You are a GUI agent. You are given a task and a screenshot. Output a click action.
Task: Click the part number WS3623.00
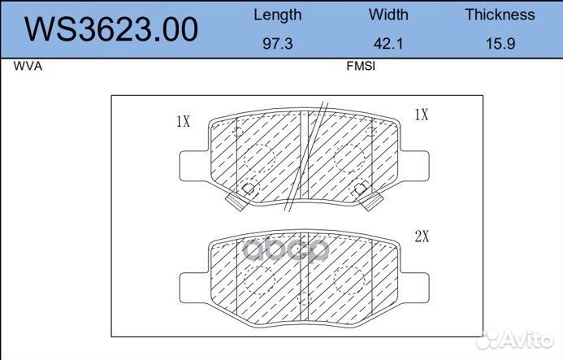point(111,29)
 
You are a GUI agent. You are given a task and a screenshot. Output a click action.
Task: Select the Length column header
point(278,15)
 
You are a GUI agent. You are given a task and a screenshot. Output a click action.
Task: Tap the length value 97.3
point(278,44)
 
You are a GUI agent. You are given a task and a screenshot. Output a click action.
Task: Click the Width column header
point(388,15)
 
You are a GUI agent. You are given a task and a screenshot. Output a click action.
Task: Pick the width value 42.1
point(388,44)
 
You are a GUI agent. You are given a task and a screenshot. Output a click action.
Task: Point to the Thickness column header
point(500,15)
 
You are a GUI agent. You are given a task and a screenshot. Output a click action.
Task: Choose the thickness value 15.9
point(500,44)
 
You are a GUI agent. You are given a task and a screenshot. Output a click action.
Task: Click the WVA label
point(28,66)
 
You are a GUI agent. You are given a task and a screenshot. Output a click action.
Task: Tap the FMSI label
point(361,66)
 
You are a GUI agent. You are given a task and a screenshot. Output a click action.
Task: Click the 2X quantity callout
point(422,236)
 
